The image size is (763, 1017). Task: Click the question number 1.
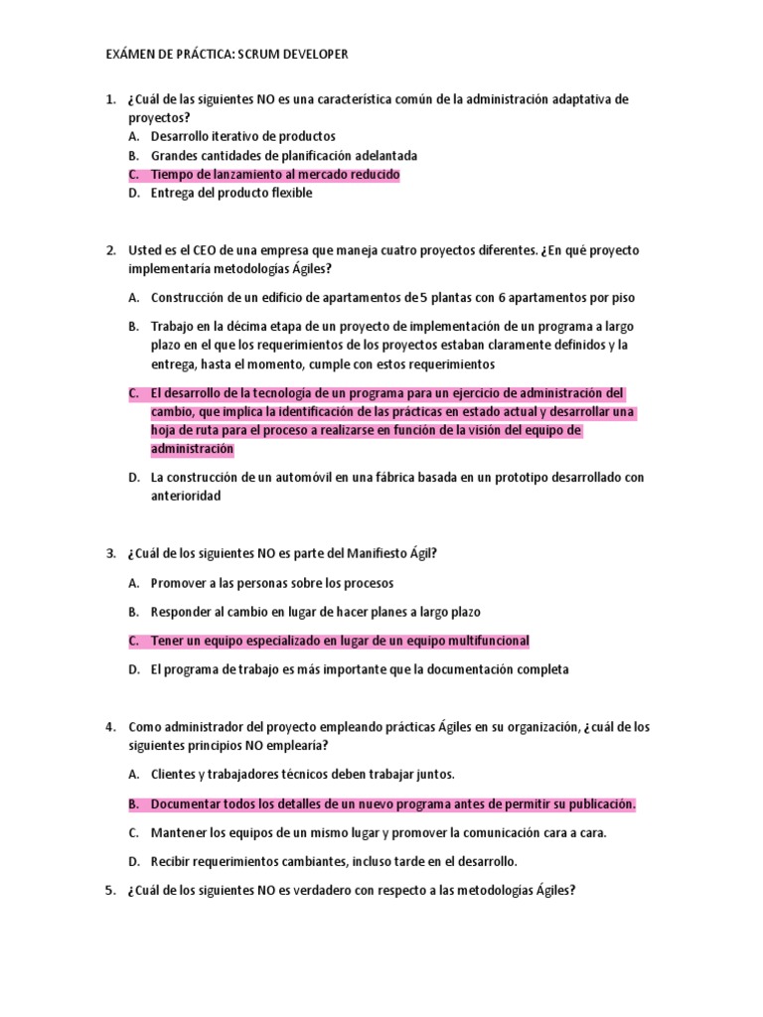point(109,99)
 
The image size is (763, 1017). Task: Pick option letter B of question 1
point(132,156)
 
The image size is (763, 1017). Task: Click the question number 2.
point(109,250)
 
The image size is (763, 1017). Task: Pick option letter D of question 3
point(132,669)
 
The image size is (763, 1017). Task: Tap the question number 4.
point(109,727)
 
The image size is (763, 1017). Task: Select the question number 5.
point(109,891)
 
